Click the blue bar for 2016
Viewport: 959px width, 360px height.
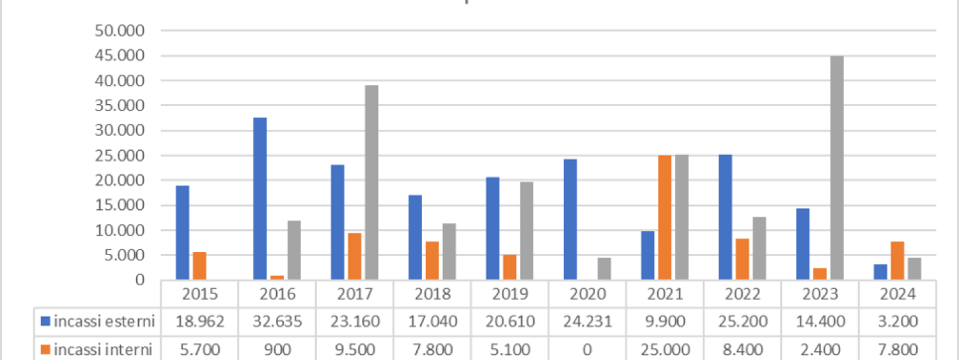click(260, 199)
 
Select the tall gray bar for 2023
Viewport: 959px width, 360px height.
click(837, 168)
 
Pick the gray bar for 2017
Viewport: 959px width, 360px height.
click(371, 183)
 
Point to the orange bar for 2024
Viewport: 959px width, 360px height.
click(898, 260)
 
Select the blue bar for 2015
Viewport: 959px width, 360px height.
click(183, 233)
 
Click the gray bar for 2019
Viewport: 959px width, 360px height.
click(526, 231)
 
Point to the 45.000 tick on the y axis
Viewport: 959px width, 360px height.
click(127, 56)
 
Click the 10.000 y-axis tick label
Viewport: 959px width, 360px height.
click(127, 230)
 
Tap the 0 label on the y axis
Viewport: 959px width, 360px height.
click(139, 280)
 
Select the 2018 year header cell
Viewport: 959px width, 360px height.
click(433, 294)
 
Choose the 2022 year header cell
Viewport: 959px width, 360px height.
click(742, 294)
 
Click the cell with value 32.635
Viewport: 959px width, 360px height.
click(277, 322)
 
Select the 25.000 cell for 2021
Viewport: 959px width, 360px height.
click(665, 350)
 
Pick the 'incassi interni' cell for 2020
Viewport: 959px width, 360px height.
click(588, 350)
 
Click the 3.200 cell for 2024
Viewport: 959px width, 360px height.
click(898, 322)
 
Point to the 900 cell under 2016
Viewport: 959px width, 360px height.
click(277, 350)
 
